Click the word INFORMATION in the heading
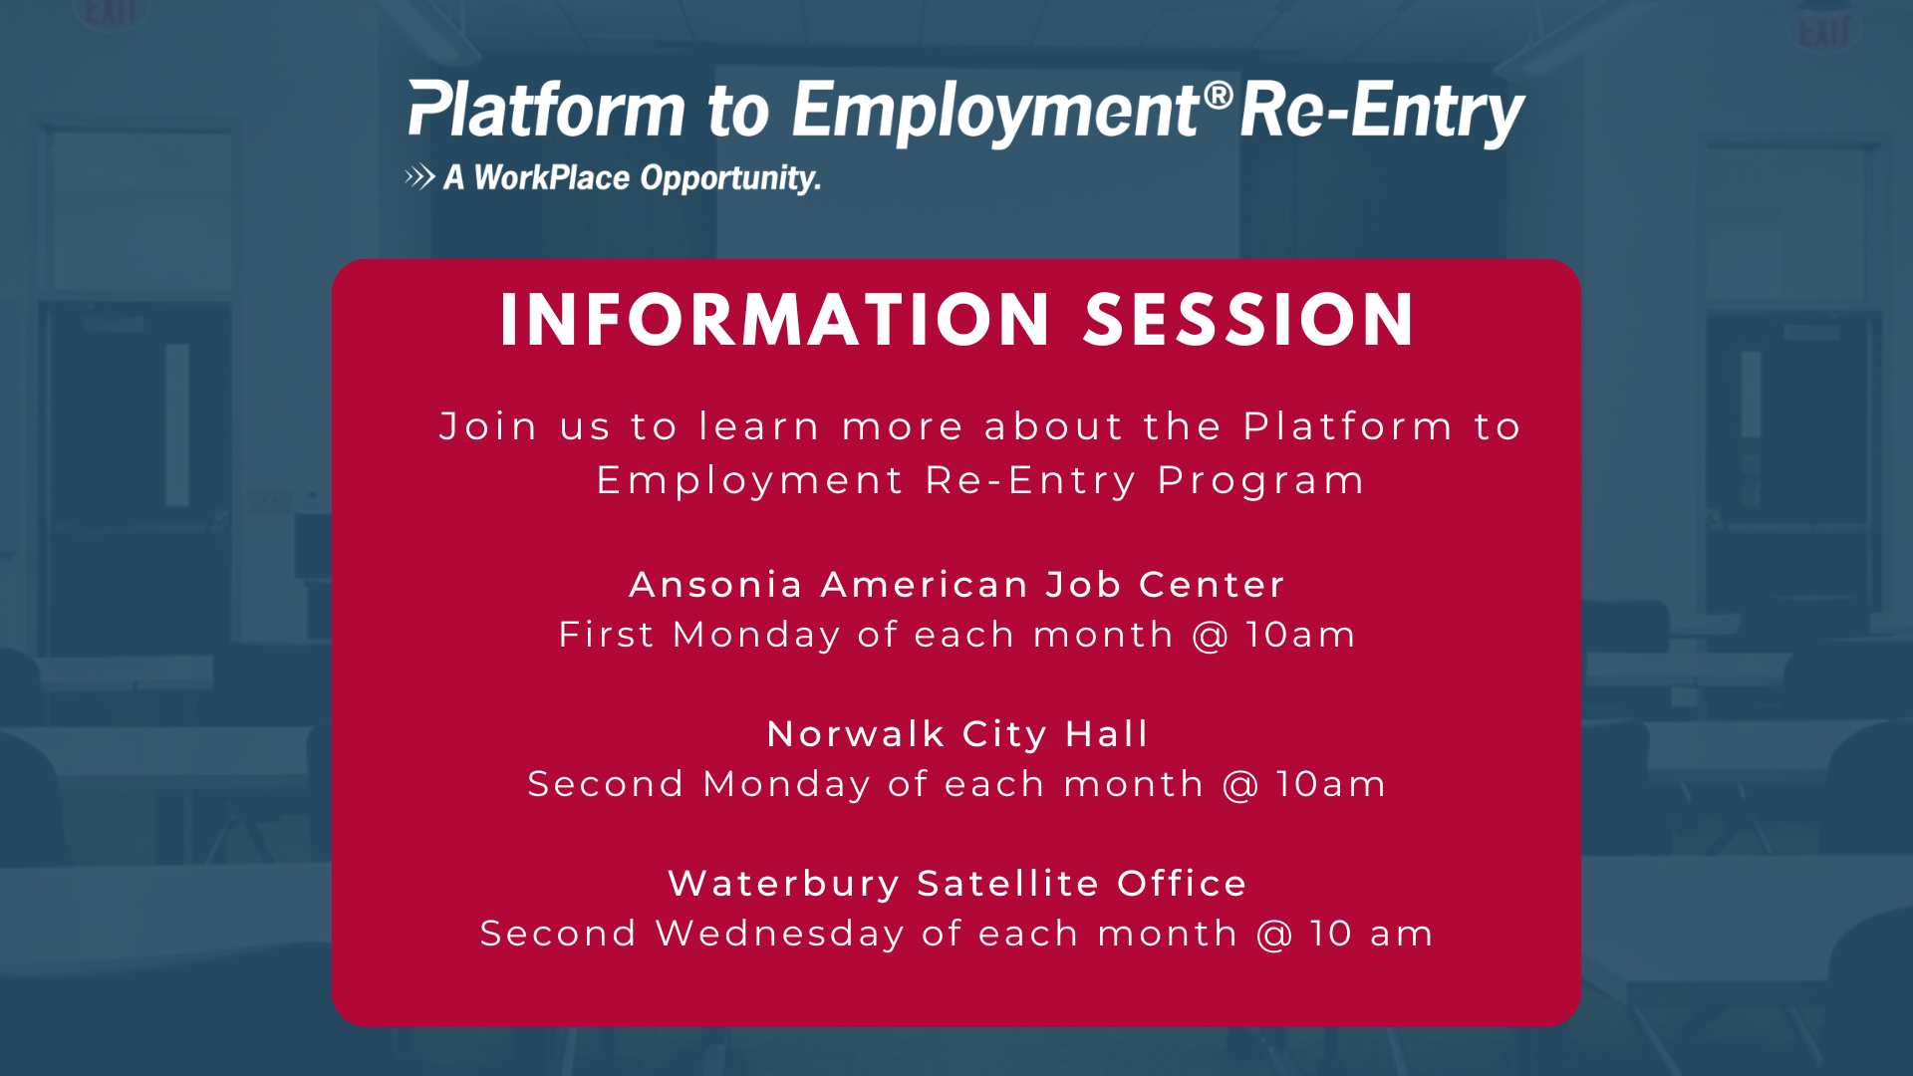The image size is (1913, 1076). click(775, 320)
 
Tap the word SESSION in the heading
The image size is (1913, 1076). click(1249, 320)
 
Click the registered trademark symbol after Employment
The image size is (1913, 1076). click(1218, 97)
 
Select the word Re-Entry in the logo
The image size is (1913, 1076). click(1383, 112)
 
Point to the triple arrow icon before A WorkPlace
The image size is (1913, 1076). click(419, 177)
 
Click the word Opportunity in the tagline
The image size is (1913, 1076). click(730, 178)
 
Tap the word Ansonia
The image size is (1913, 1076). click(716, 585)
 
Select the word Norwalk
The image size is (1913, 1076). click(856, 734)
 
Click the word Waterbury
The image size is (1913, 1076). click(784, 885)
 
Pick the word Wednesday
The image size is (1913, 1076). click(779, 935)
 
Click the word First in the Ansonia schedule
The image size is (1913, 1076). click(606, 635)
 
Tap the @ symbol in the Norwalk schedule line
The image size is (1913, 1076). click(1240, 785)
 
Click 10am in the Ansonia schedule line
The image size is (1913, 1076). click(1300, 635)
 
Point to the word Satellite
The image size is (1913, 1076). click(1008, 884)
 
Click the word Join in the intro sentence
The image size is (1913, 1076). click(488, 426)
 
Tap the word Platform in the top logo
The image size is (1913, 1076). click(547, 109)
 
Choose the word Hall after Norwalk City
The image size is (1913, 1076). click(1106, 734)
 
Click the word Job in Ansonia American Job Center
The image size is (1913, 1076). click(1083, 585)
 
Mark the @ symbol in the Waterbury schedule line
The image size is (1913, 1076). click(1273, 935)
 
